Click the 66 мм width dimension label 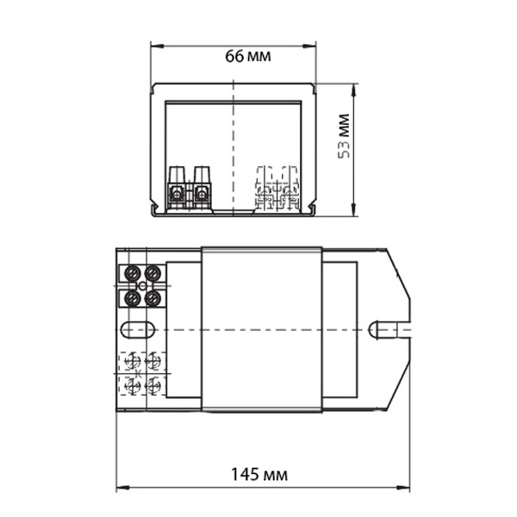point(248,56)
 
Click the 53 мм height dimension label point(344,136)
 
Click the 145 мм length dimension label point(259,475)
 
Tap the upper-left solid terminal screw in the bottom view point(133,273)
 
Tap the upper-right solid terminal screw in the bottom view point(153,273)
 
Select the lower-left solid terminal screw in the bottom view point(133,298)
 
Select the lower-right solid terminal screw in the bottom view point(153,298)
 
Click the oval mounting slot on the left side point(138,329)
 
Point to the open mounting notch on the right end point(389,329)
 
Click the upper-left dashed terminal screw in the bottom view point(133,361)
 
